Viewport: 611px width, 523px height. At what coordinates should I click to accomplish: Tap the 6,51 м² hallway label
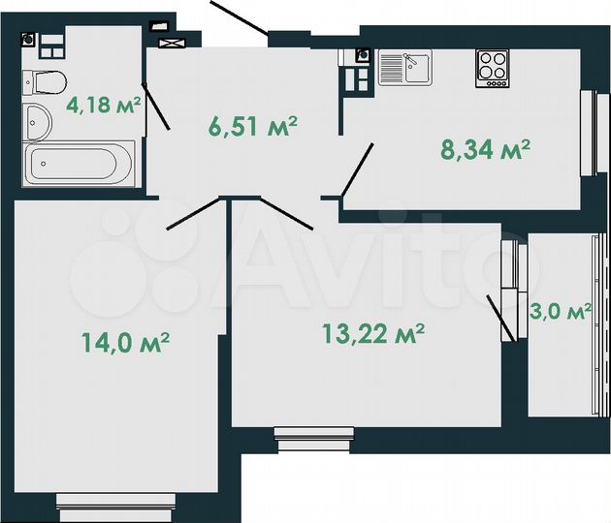click(252, 126)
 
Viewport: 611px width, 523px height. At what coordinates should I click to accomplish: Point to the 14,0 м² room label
click(127, 342)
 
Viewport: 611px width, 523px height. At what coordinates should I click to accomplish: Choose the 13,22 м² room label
click(374, 335)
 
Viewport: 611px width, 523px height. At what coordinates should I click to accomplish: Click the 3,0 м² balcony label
click(562, 312)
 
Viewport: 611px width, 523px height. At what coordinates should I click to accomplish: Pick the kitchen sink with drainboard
click(404, 67)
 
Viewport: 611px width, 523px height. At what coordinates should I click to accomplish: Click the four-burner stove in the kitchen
click(493, 68)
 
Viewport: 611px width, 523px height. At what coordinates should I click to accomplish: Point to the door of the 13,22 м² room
click(287, 214)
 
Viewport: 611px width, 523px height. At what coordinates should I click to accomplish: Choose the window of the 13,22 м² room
click(313, 438)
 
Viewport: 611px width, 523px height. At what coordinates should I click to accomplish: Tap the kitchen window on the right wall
click(588, 133)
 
